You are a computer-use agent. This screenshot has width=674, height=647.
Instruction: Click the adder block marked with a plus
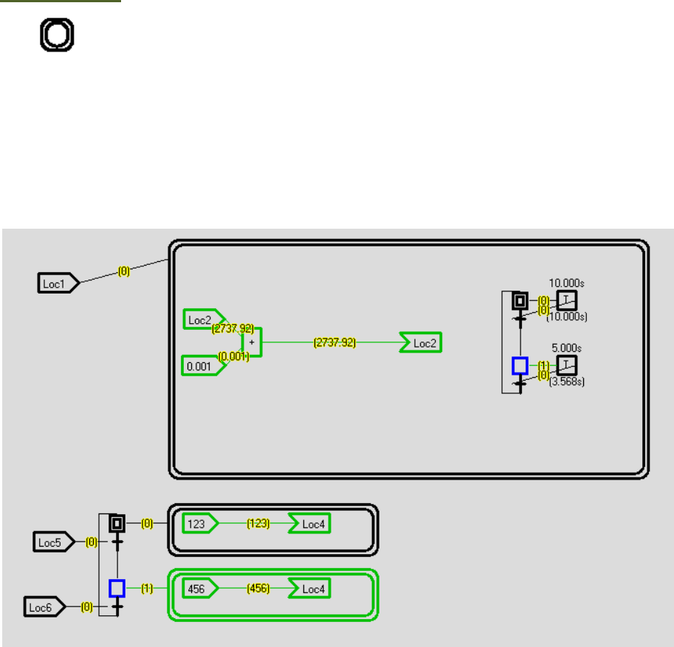click(x=252, y=343)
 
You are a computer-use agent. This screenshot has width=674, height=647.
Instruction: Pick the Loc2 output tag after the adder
click(x=422, y=343)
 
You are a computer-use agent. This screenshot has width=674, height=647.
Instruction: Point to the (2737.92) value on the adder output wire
click(x=334, y=343)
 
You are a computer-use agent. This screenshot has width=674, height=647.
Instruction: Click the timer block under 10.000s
click(x=567, y=300)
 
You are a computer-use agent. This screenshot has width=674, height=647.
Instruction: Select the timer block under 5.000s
click(x=567, y=364)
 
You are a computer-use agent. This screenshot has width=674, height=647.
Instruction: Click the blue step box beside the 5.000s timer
click(x=520, y=365)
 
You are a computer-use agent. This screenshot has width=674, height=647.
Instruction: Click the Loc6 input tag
click(x=44, y=606)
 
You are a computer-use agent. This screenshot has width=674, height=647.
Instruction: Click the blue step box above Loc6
click(x=117, y=588)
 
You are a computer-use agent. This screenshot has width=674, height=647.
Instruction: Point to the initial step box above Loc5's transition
click(x=117, y=523)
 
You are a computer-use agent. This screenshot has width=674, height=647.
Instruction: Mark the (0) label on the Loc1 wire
click(x=124, y=271)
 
